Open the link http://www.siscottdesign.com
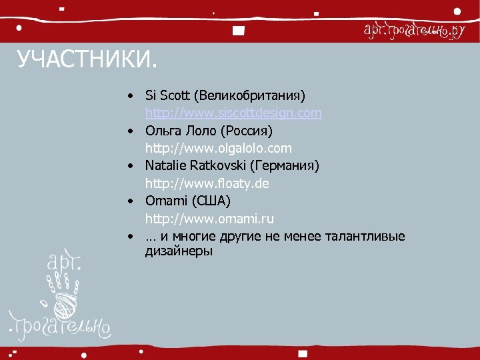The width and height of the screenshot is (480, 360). click(233, 113)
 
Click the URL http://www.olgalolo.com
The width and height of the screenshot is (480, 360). click(218, 148)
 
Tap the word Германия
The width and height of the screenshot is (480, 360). click(285, 165)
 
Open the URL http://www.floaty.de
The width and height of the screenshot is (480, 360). click(207, 183)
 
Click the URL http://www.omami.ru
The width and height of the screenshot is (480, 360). click(209, 218)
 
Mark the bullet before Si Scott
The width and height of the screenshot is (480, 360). click(134, 96)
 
